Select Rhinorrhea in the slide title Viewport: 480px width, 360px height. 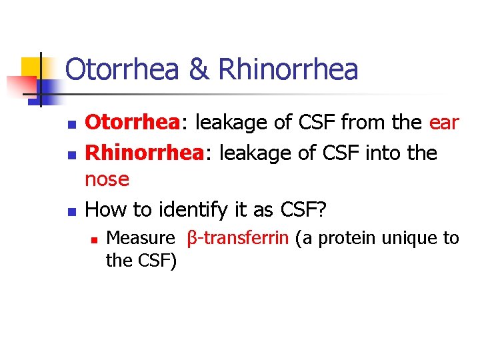[x=288, y=70]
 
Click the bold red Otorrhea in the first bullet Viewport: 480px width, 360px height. [x=131, y=123]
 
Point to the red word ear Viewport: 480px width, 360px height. [x=444, y=123]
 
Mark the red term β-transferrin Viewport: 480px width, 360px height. [x=237, y=238]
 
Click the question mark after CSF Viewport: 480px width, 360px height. [x=321, y=209]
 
